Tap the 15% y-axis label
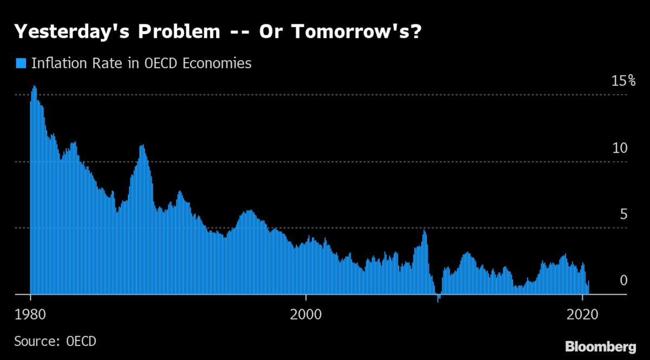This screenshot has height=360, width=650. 622,81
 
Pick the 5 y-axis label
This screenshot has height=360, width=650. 623,214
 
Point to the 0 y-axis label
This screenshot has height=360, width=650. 623,280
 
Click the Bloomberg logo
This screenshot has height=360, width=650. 601,346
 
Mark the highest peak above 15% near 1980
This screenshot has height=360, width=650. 34,86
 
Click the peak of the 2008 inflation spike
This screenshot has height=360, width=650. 424,231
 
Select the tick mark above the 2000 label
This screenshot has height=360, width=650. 306,297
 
